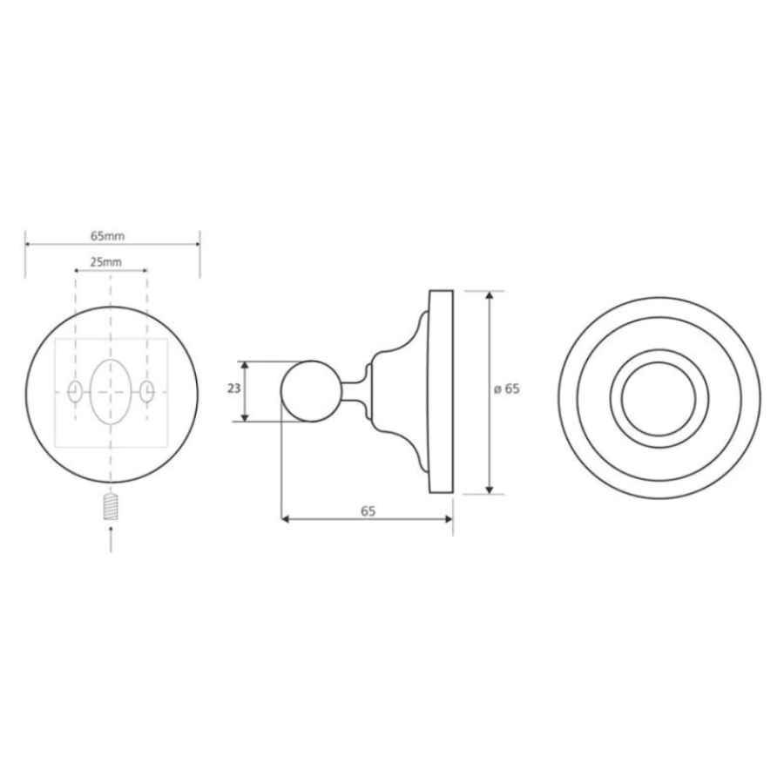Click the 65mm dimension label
(107, 235)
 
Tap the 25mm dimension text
(106, 261)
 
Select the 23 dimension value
(233, 388)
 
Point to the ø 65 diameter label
(507, 389)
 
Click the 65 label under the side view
(368, 511)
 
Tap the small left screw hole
(75, 391)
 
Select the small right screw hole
(146, 391)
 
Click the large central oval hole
(111, 391)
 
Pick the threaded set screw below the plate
(111, 506)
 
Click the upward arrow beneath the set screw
(111, 539)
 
